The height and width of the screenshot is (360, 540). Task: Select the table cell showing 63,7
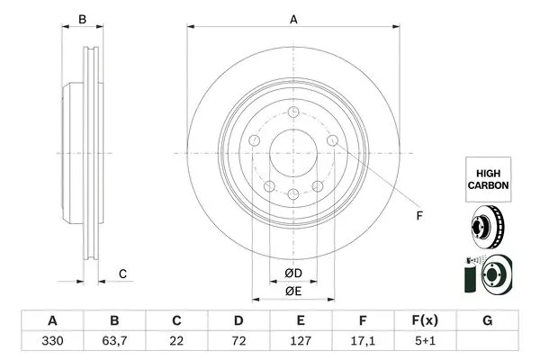point(114,341)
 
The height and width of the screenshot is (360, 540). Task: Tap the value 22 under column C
point(176,341)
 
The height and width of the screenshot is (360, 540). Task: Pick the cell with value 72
point(238,341)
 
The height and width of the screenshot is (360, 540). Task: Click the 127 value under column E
point(301,341)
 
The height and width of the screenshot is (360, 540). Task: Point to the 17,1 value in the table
point(364,341)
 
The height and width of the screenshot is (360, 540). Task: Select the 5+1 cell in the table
point(426,341)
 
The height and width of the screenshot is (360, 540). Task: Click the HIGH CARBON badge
point(487,176)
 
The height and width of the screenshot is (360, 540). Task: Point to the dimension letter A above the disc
point(293,18)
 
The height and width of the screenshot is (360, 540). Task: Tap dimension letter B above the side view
point(82,19)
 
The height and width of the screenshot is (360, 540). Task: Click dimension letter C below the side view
point(122,274)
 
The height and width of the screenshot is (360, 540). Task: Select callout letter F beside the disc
point(418,216)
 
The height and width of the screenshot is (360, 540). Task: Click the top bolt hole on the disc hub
point(293,112)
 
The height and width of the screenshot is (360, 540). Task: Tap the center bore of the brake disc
point(293,152)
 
